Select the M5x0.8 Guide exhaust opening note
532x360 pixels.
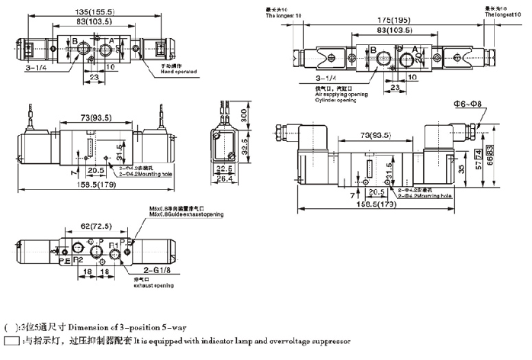(x=187, y=215)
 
